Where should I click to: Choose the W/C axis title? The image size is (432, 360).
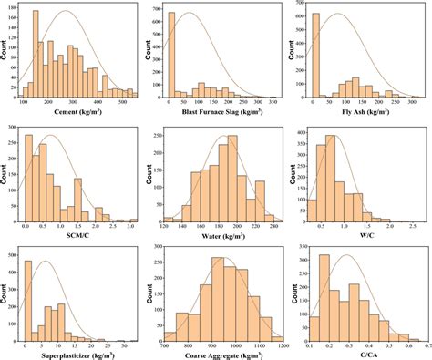pyautogui.click(x=367, y=235)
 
